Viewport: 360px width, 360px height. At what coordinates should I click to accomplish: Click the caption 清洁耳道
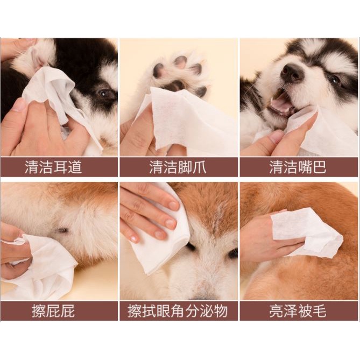pos(53,167)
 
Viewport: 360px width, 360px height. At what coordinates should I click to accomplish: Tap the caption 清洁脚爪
pos(178,167)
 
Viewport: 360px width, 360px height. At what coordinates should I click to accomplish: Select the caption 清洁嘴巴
pos(298,167)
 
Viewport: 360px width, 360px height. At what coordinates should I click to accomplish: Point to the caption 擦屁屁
pos(53,310)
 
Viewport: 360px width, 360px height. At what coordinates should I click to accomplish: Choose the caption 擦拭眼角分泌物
pos(178,310)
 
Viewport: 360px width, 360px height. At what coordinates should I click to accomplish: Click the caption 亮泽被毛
pos(298,310)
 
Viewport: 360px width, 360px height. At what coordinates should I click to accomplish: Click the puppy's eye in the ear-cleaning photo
pos(104,94)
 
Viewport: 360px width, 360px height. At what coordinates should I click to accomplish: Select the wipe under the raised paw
pos(186,119)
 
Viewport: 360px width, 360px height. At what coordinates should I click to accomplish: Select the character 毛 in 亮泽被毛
pos(319,310)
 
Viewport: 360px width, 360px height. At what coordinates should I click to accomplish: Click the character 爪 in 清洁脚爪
pos(200,167)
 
